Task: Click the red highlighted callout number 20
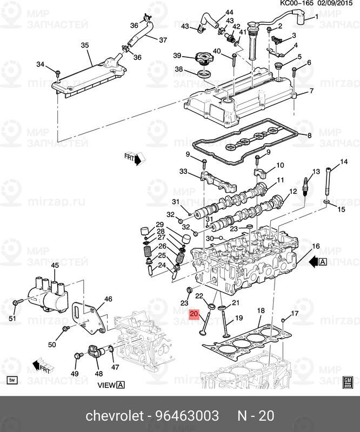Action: (x=195, y=313)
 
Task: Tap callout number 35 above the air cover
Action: (x=84, y=45)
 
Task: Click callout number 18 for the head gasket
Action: (x=261, y=310)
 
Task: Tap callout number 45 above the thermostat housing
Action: (x=55, y=265)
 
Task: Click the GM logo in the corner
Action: (x=348, y=381)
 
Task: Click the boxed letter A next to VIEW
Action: (x=121, y=385)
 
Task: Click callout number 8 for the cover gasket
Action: (x=310, y=137)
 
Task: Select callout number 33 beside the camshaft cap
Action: (x=183, y=172)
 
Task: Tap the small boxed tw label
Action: (x=12, y=381)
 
